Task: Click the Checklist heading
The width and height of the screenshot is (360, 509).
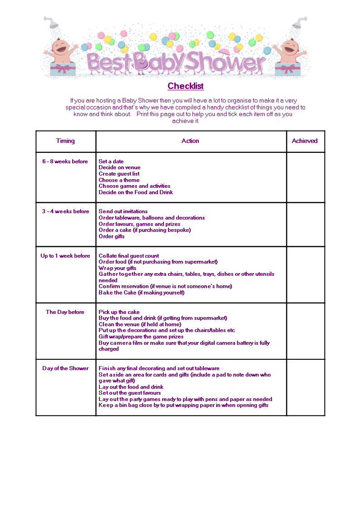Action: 185,86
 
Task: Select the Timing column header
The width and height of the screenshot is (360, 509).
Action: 65,141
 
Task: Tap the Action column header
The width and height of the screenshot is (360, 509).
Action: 190,141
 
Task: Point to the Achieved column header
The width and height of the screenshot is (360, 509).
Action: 305,141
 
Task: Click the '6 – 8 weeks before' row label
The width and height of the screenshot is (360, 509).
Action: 65,162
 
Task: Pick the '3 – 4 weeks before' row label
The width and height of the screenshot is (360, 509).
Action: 65,211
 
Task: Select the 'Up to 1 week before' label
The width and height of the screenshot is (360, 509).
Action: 65,256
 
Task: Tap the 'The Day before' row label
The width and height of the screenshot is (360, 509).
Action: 65,312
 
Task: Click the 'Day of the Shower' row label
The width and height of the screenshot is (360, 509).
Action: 65,368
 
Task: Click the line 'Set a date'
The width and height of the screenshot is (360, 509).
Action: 111,162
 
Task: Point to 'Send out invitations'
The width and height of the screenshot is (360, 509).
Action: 123,211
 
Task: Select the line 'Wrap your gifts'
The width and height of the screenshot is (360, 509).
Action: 118,268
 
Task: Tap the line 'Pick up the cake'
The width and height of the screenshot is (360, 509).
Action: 119,312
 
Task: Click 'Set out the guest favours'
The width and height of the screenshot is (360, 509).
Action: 130,393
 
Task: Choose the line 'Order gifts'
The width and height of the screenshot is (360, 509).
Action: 112,236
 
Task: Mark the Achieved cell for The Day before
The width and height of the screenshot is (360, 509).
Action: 306,331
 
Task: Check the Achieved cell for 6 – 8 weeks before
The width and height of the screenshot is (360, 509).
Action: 306,177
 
